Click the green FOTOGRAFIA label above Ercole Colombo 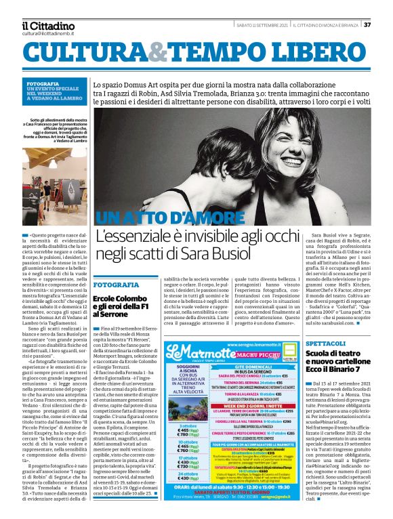coord(115,285)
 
